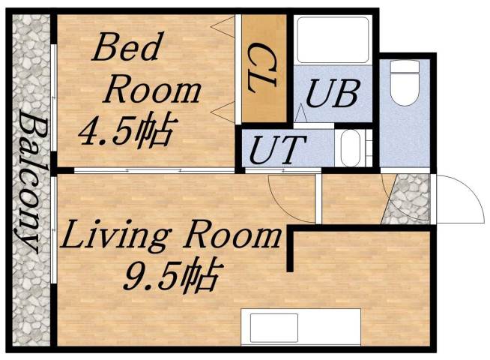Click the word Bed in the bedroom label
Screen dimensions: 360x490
pos(126,49)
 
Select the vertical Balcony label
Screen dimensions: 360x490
pos(30,180)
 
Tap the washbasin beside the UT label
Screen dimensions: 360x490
pos(351,148)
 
